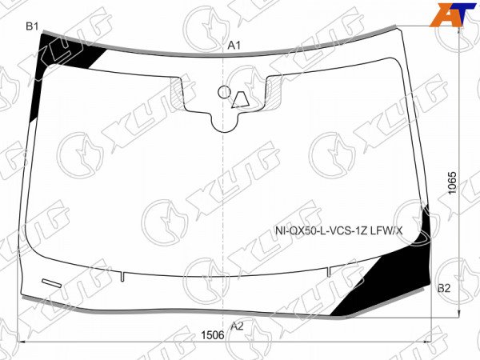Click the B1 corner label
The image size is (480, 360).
pos(32,26)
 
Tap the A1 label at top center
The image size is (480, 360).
pos(234,46)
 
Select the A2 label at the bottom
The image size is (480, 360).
pos(237,326)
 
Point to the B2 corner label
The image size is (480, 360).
pos(444,288)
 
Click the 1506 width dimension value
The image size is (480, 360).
pos(213,335)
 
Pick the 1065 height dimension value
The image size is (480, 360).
pos(452,182)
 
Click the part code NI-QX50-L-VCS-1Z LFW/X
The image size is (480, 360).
pos(339,231)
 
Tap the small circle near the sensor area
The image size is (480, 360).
pos(224,92)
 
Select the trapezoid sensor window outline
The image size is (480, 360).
pos(241,100)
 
